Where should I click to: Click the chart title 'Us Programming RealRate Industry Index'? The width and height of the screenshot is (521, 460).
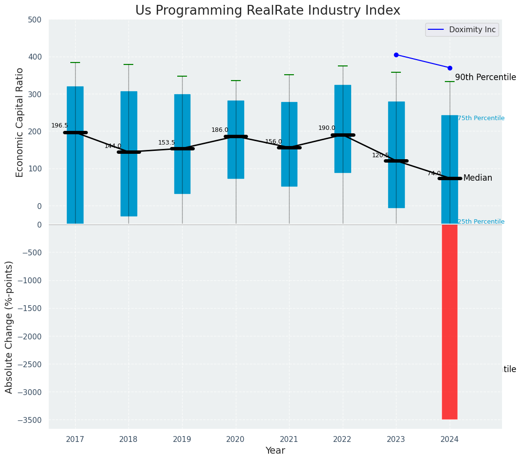[268, 11]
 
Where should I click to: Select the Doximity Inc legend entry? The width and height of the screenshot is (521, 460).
[462, 30]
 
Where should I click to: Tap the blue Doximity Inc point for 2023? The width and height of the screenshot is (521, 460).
[396, 55]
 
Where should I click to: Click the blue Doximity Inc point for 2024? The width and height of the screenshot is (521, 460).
[450, 68]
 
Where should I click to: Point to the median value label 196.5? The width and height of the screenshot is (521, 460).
[60, 125]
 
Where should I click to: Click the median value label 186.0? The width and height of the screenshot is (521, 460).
[220, 130]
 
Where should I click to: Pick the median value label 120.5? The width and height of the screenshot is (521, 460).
[380, 155]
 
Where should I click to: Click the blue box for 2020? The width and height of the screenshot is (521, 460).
[236, 139]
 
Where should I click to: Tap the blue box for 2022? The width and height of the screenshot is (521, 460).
[343, 128]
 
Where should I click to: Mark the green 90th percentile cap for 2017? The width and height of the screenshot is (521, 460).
[75, 63]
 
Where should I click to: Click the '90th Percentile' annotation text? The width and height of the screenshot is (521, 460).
[485, 77]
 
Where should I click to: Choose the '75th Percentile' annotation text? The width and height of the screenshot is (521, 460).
[481, 118]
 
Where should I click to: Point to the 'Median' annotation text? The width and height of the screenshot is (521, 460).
[478, 178]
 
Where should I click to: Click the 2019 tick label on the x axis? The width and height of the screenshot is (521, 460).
[182, 439]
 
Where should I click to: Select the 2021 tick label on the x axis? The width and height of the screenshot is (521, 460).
[289, 439]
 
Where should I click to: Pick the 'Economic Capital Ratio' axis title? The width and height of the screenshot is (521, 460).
[20, 122]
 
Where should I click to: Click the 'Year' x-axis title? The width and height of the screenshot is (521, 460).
[275, 451]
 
